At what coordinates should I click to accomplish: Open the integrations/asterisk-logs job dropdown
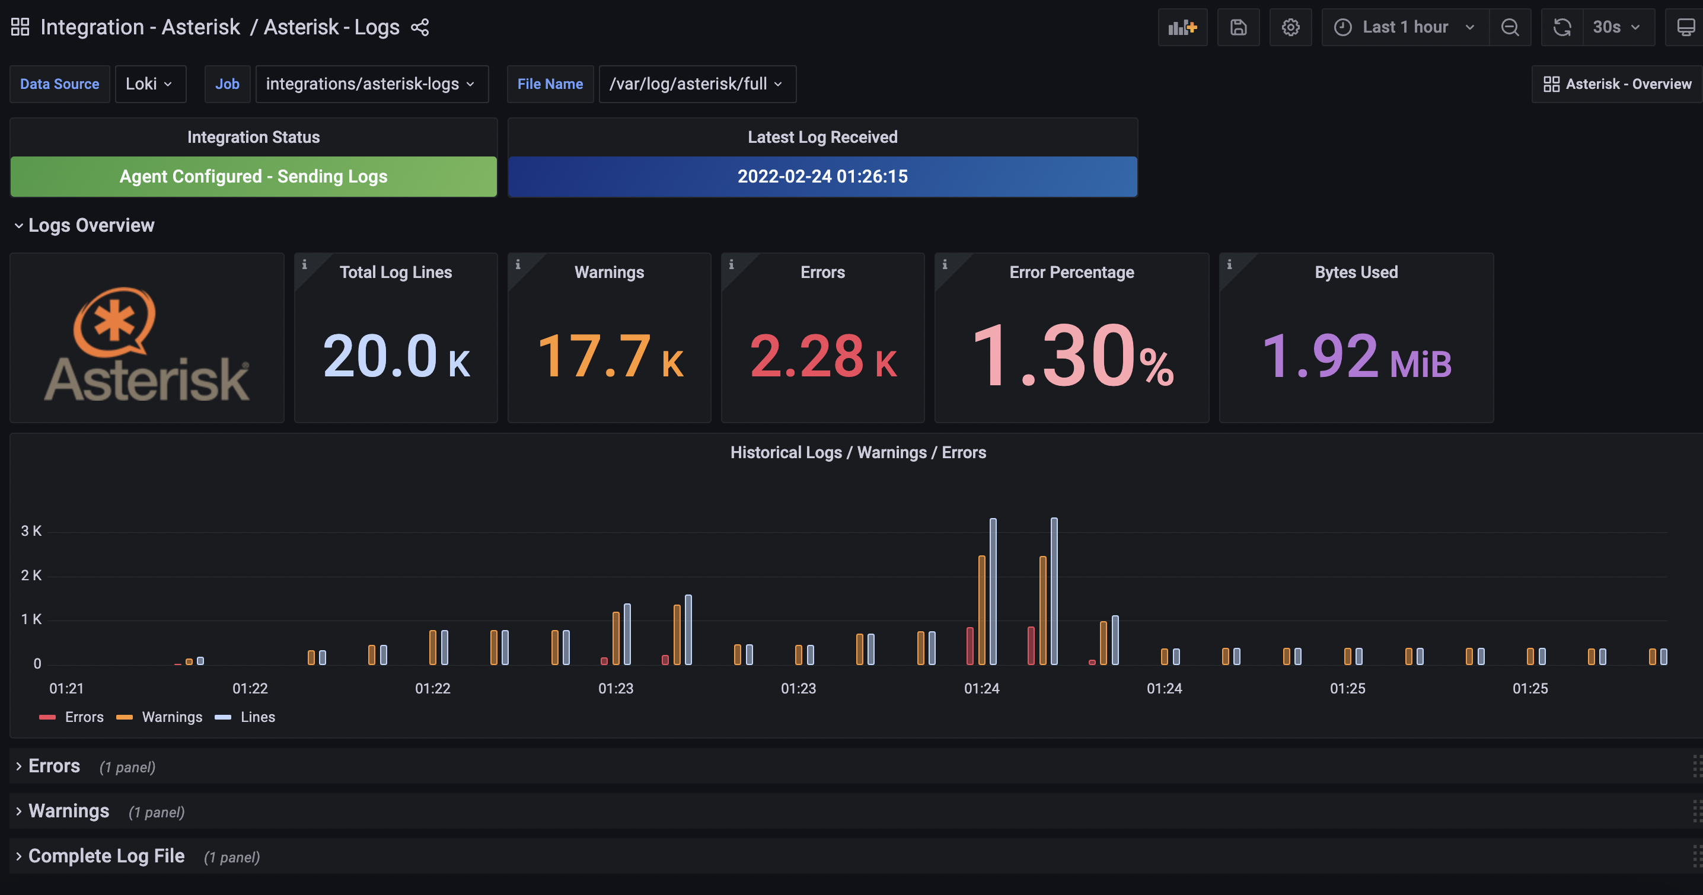[x=371, y=84]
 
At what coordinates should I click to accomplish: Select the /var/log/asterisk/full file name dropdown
[x=696, y=84]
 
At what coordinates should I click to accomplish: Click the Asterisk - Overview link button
[x=1617, y=84]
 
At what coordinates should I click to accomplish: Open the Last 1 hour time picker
[x=1405, y=27]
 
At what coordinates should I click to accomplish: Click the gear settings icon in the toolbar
[x=1290, y=27]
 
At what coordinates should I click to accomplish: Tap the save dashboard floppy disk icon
[x=1238, y=27]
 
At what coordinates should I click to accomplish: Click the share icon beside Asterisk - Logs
[x=420, y=27]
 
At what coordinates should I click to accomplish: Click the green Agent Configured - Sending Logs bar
[x=253, y=177]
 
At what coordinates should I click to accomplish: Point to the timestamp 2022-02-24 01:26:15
[x=822, y=177]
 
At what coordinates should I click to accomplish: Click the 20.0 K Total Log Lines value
[x=396, y=356]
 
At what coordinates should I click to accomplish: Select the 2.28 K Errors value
[x=822, y=356]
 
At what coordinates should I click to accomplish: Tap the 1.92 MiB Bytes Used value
[x=1356, y=356]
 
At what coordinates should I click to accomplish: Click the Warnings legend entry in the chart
[x=171, y=717]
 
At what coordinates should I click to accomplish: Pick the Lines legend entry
[x=257, y=717]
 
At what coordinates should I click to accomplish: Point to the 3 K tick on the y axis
[x=31, y=531]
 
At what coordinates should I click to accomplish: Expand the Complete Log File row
[x=106, y=856]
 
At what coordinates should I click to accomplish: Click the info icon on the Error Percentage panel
[x=945, y=264]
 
